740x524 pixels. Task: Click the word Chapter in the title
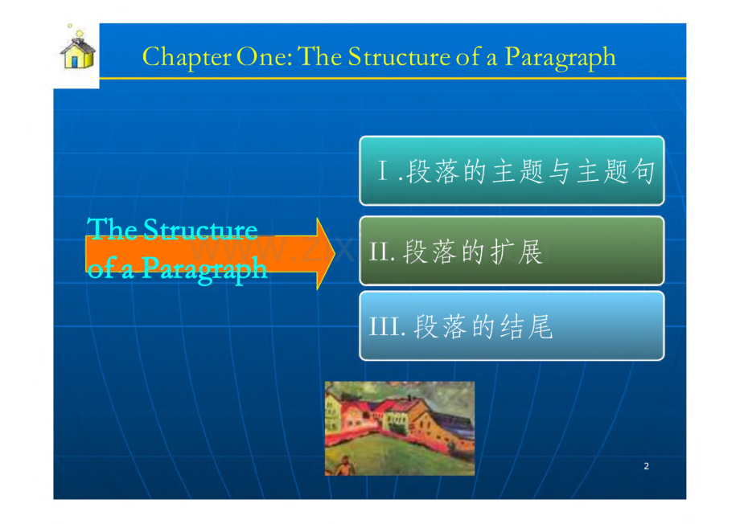[x=187, y=58]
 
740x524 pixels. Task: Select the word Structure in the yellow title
[x=399, y=56]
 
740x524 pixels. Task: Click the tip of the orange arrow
[x=335, y=254]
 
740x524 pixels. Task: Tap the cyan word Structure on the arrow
[x=200, y=230]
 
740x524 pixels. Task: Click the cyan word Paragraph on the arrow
[x=203, y=269]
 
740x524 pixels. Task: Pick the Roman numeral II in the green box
[x=380, y=252]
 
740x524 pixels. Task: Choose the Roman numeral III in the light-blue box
[x=384, y=326]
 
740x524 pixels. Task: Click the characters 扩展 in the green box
[x=516, y=252]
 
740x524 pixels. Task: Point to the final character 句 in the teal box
[x=643, y=170]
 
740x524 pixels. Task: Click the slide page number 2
[x=646, y=466]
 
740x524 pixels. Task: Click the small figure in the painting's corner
[x=346, y=466]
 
